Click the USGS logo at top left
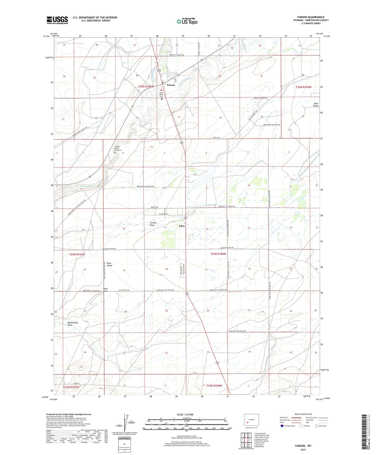[x=57, y=20]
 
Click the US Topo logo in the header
[x=187, y=21]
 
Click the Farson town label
[x=171, y=85]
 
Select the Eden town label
[x=182, y=226]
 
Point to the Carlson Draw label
[x=153, y=224]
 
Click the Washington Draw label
[x=73, y=324]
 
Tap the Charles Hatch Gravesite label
[x=118, y=148]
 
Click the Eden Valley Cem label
[x=161, y=94]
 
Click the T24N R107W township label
[x=77, y=254]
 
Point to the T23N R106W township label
[x=214, y=385]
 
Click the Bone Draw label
[x=106, y=290]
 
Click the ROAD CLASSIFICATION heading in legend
[x=303, y=414]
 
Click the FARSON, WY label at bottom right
[x=303, y=446]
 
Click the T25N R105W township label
[x=303, y=87]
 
